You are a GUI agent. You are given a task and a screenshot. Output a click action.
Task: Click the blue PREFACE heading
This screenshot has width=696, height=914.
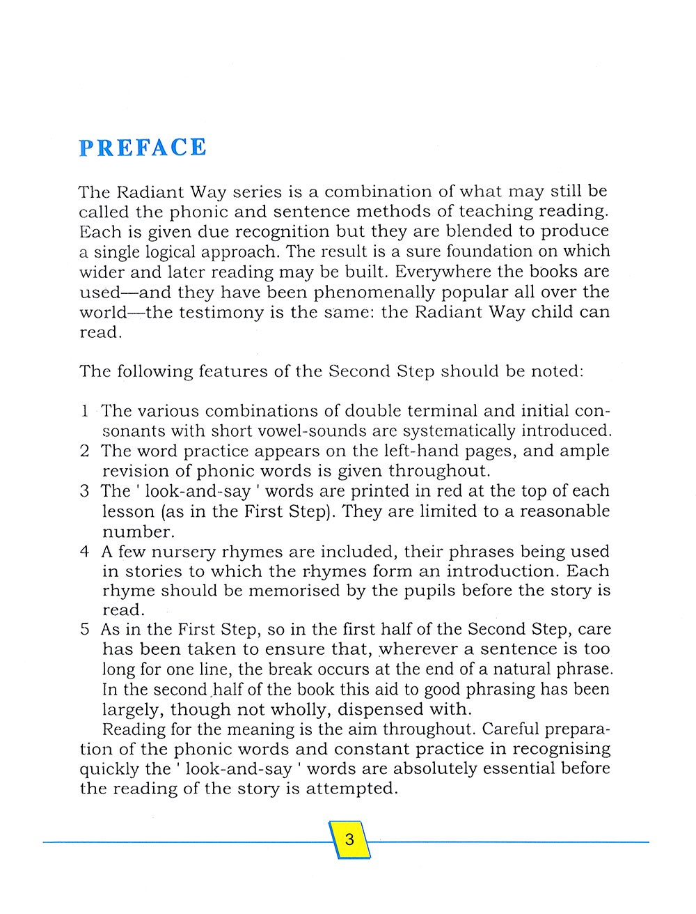click(143, 148)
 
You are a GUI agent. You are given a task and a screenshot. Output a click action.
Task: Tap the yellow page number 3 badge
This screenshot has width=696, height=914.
click(349, 839)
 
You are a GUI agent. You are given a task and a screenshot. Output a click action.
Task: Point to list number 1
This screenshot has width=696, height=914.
click(84, 411)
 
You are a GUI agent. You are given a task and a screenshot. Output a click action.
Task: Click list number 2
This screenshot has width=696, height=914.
click(84, 451)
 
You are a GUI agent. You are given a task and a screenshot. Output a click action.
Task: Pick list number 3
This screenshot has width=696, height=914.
click(84, 491)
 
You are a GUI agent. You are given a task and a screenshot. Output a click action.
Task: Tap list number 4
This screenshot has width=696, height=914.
click(84, 552)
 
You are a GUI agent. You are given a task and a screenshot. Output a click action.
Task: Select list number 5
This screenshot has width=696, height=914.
click(84, 630)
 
